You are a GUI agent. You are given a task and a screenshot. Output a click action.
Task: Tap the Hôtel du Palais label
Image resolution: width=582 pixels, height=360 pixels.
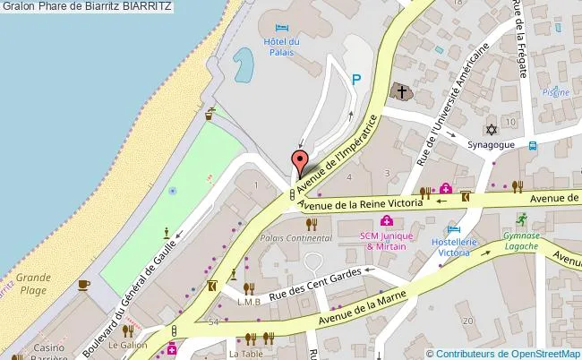click(x=281, y=47)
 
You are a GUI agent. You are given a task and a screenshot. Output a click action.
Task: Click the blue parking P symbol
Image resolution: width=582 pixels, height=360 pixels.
click(x=356, y=80)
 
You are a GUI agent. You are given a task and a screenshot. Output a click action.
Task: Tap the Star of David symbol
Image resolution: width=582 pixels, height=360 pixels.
click(x=490, y=128)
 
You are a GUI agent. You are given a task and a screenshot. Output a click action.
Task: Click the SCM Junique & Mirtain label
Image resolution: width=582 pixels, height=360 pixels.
click(x=383, y=240)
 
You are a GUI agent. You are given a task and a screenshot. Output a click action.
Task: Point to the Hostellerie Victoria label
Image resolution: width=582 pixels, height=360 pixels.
click(x=450, y=247)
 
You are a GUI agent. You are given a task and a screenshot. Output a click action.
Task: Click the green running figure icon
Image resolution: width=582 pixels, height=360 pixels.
click(x=520, y=218)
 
